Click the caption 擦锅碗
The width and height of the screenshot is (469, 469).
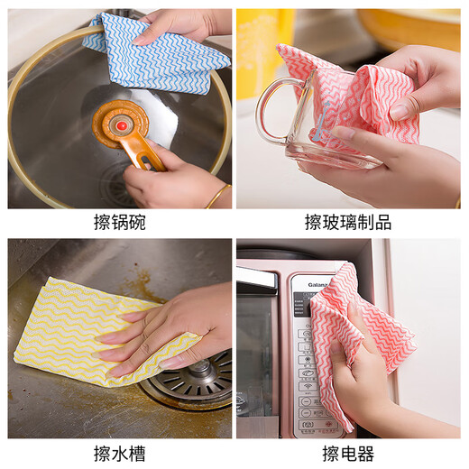pyautogui.click(x=120, y=221)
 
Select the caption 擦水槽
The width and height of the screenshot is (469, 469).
pyautogui.click(x=120, y=453)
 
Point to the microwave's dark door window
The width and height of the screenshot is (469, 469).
pyautogui.click(x=257, y=352)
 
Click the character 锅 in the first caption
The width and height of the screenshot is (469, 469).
pyautogui.click(x=120, y=221)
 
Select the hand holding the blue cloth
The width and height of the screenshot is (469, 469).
pyautogui.click(x=180, y=23)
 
